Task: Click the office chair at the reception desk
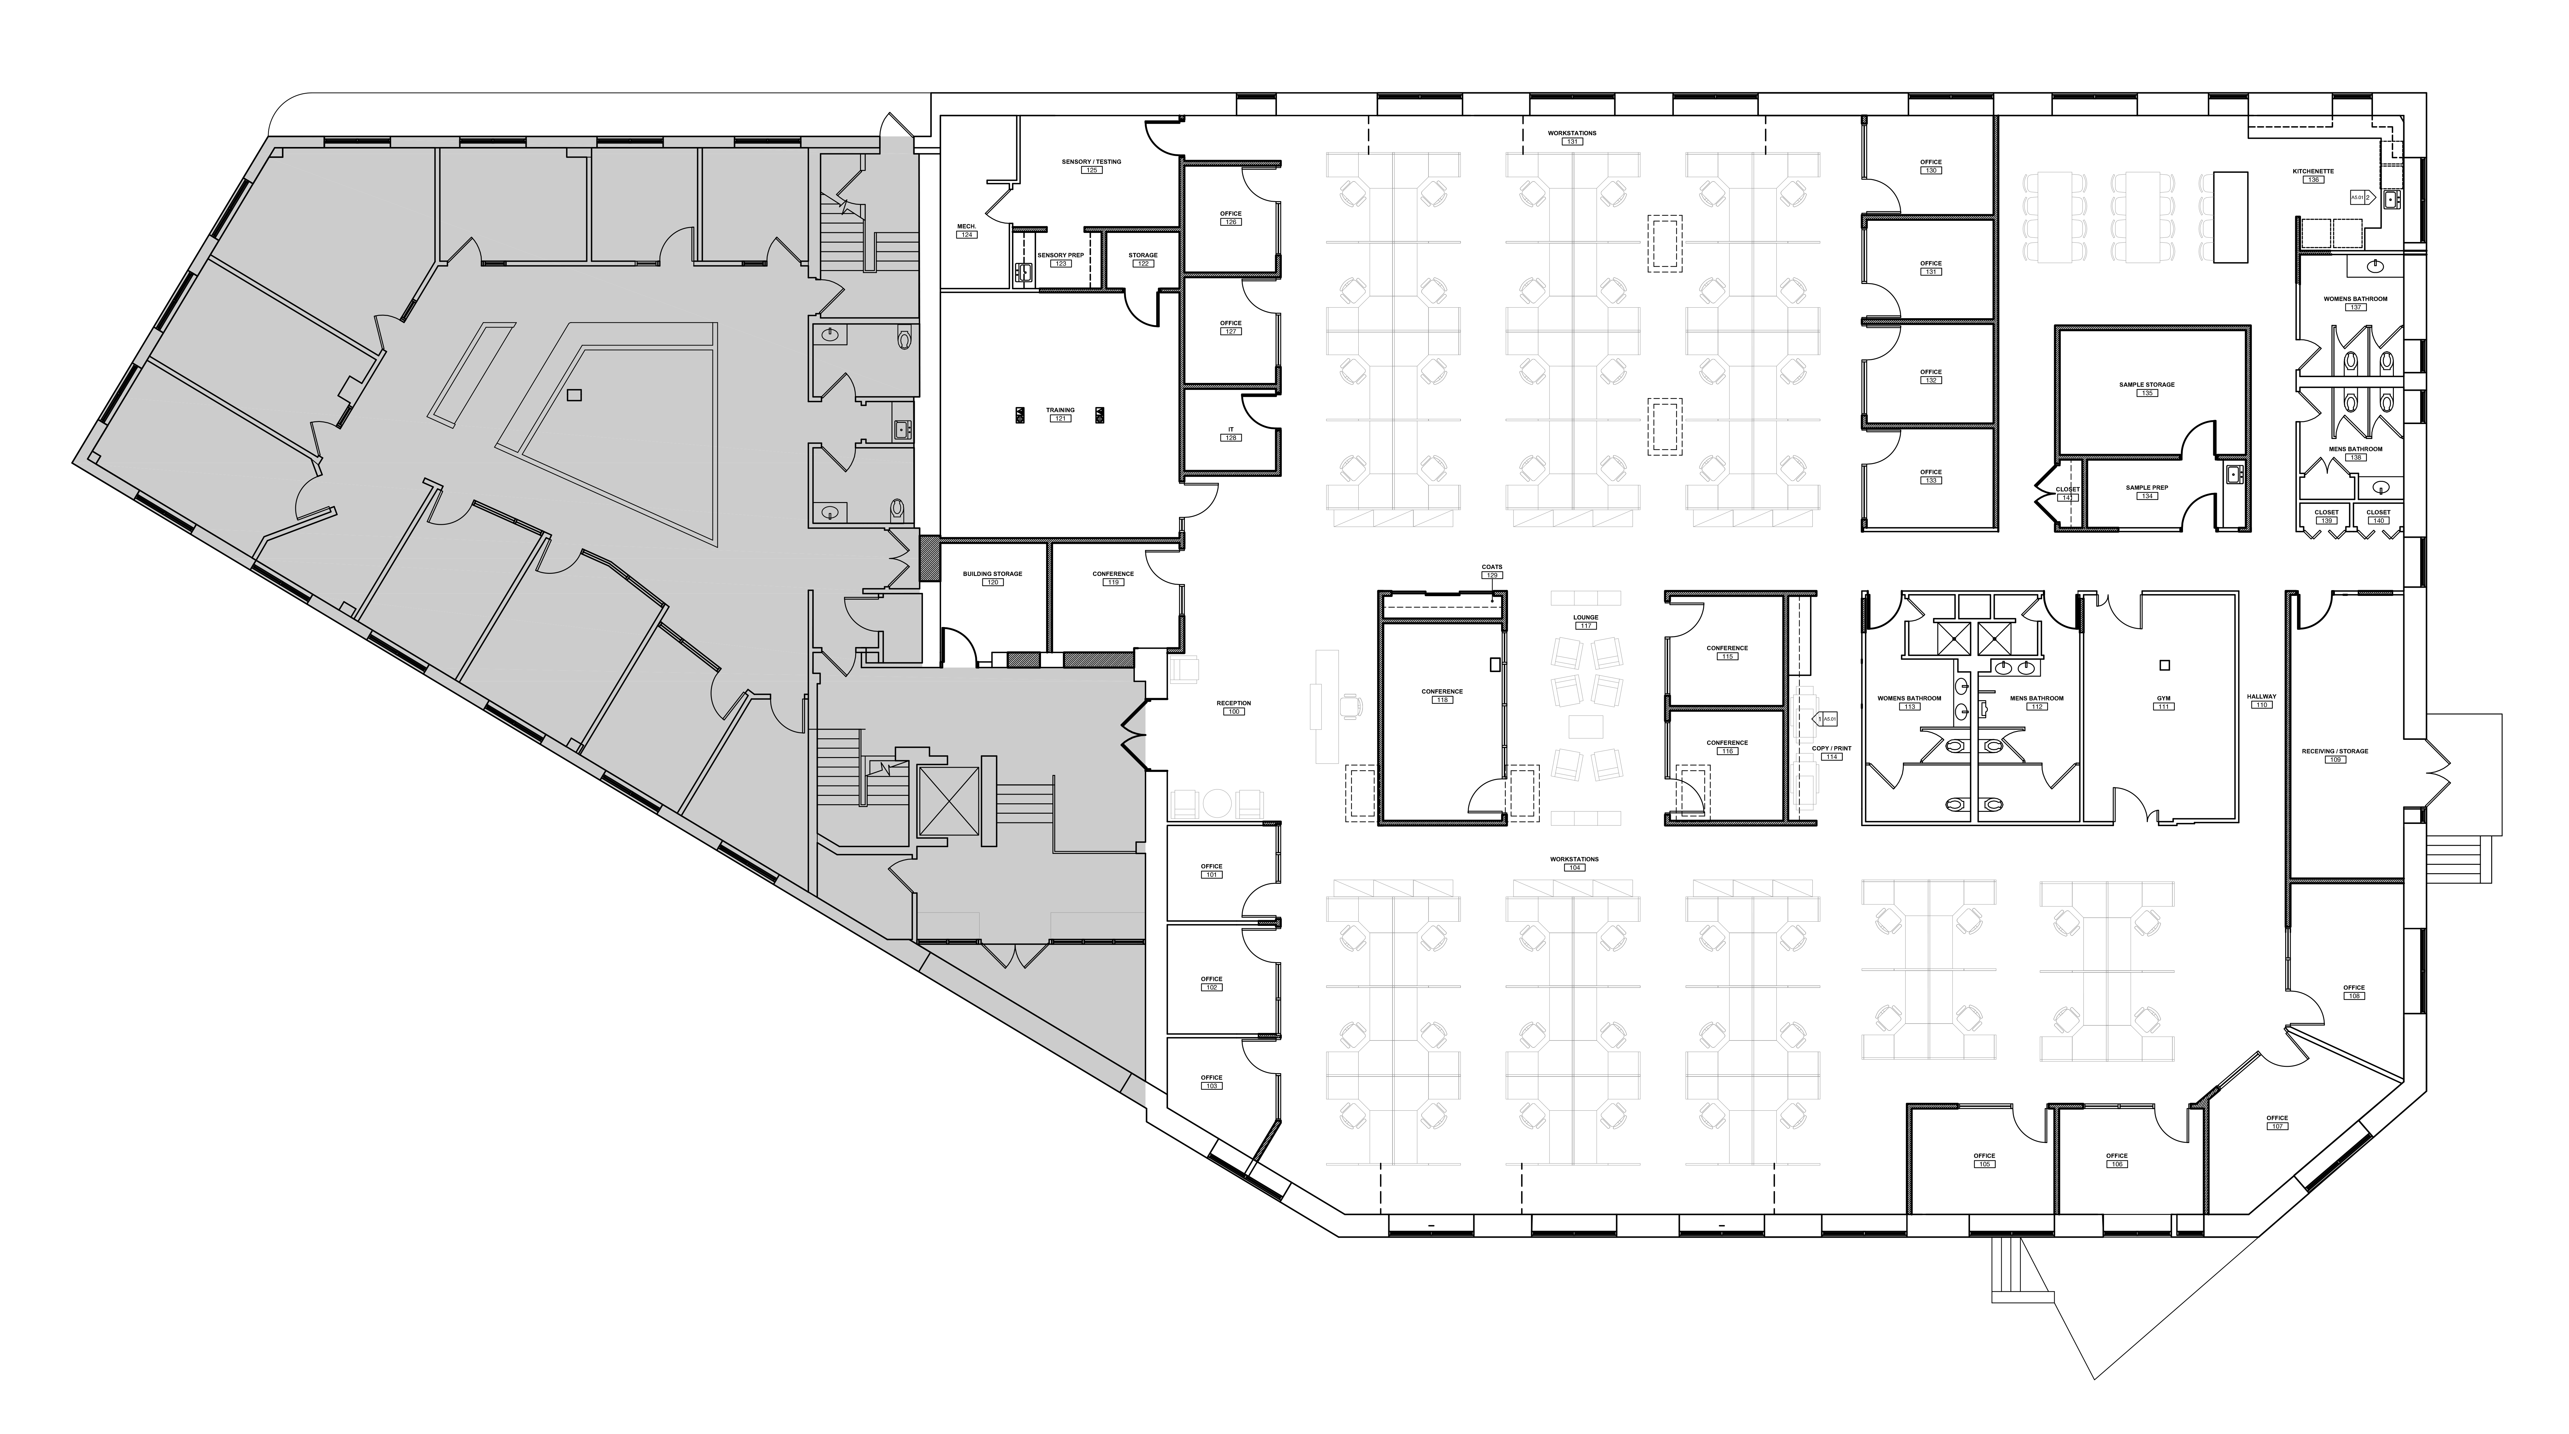(1351, 706)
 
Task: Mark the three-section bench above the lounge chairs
(1586, 598)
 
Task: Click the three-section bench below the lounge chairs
(1586, 819)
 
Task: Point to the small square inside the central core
(574, 395)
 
